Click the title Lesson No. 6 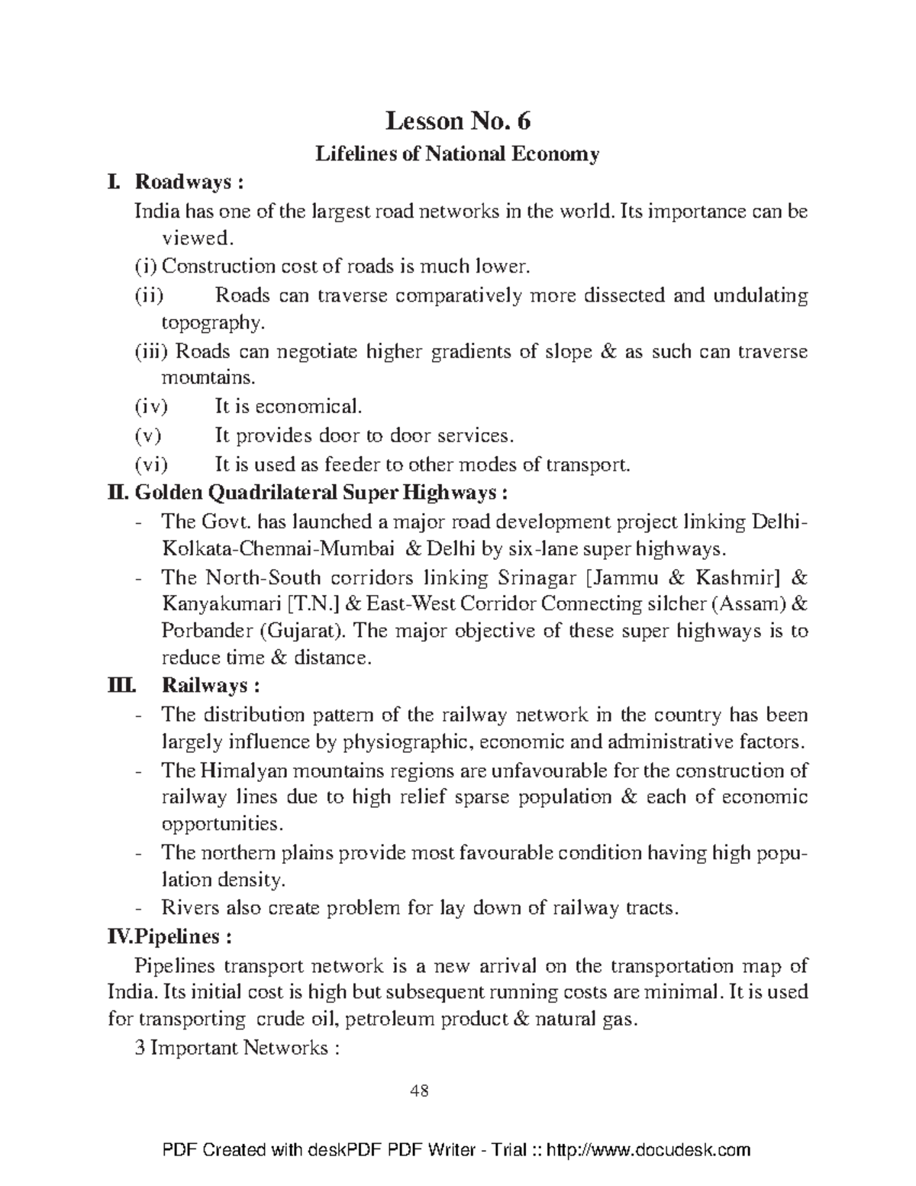tap(457, 121)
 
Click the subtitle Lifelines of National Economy tap(457, 154)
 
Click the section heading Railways tap(210, 685)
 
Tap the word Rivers tap(191, 908)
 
